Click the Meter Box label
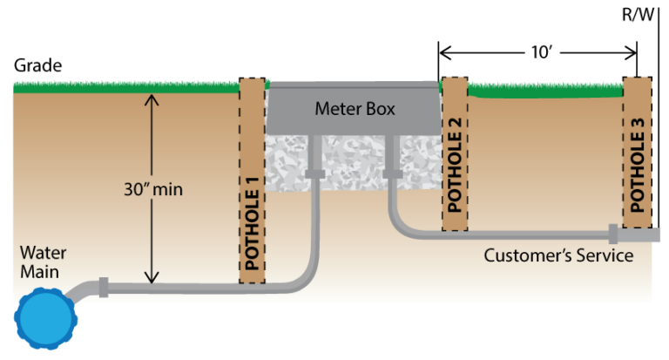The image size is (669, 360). [x=355, y=110]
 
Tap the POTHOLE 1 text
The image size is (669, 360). [x=253, y=234]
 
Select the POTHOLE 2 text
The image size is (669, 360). [x=455, y=165]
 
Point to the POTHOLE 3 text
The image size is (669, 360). [x=638, y=165]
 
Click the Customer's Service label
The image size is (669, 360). [x=558, y=255]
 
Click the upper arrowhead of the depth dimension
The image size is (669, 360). [x=152, y=98]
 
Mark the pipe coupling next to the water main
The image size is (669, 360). [x=103, y=288]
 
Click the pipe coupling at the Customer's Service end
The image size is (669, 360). [x=613, y=234]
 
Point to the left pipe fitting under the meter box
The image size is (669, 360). [x=314, y=174]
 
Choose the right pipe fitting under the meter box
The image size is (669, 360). [x=391, y=174]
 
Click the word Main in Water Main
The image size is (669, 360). [x=40, y=272]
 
